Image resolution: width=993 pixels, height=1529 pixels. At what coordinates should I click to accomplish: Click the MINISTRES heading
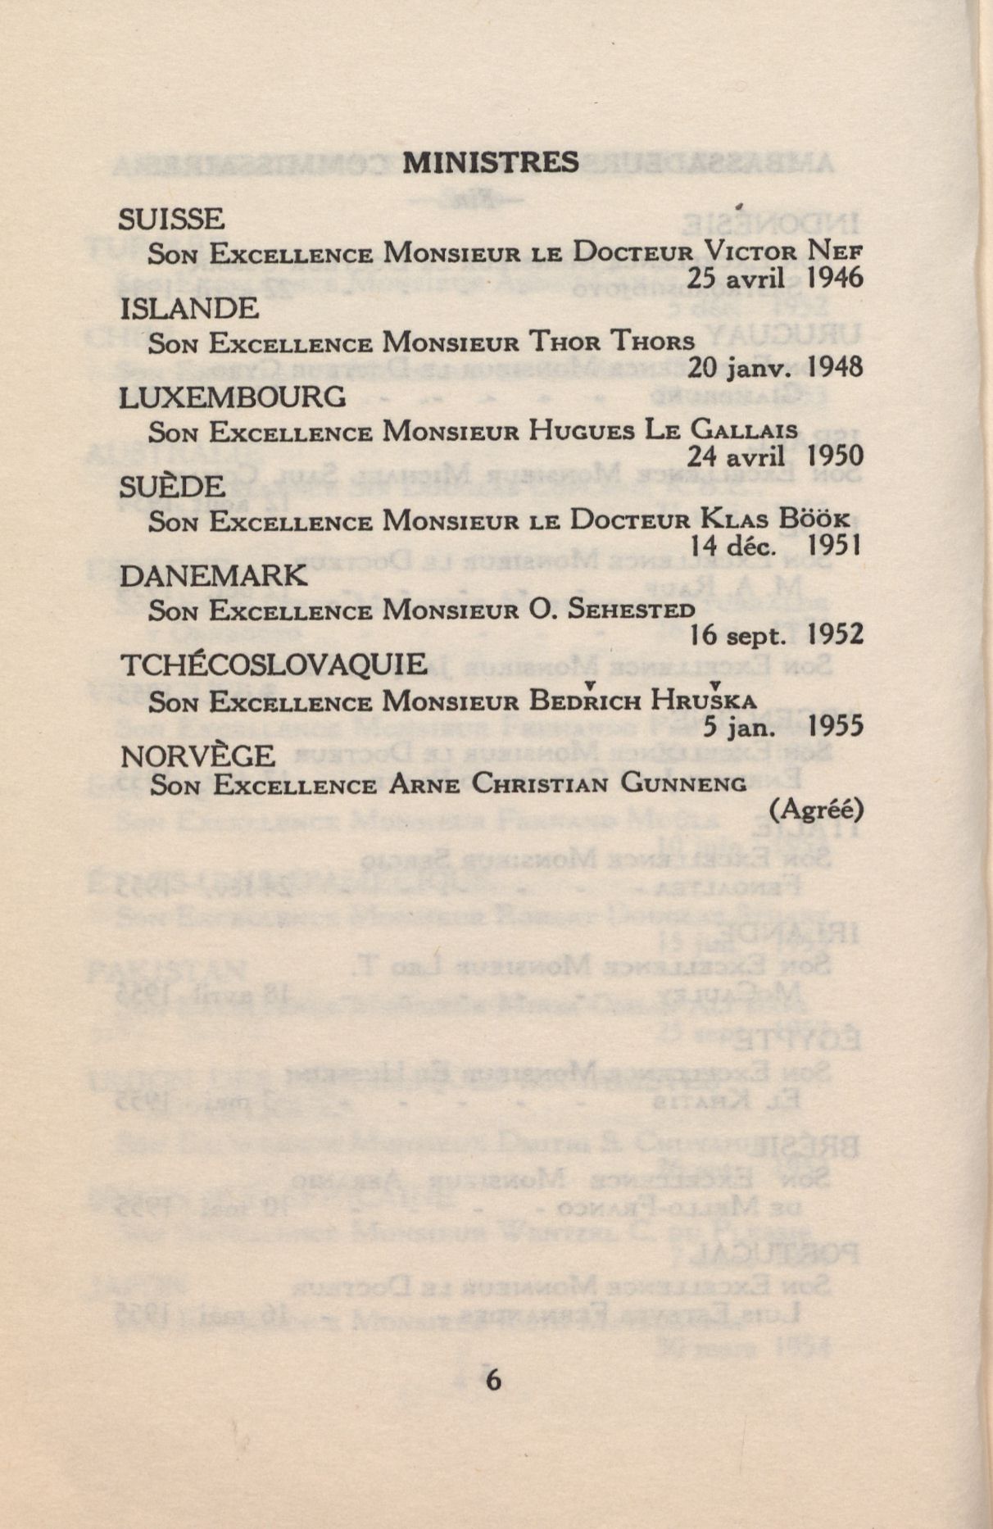(x=491, y=162)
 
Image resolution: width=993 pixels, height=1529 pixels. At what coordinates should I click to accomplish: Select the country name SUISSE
(x=171, y=219)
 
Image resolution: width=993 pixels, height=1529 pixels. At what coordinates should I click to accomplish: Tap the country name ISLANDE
(x=189, y=308)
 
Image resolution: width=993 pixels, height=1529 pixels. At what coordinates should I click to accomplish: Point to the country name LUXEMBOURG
(x=233, y=397)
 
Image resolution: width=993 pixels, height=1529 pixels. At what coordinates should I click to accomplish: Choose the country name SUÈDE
(x=172, y=487)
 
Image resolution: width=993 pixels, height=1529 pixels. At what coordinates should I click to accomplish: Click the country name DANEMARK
(x=214, y=576)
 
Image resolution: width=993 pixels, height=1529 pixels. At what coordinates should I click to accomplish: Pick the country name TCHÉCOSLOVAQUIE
(x=274, y=665)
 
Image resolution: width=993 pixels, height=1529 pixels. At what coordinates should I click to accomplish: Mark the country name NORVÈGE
(x=197, y=755)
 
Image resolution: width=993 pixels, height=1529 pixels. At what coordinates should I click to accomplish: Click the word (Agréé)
(x=817, y=810)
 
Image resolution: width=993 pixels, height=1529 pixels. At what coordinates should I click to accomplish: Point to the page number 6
(x=492, y=1380)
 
